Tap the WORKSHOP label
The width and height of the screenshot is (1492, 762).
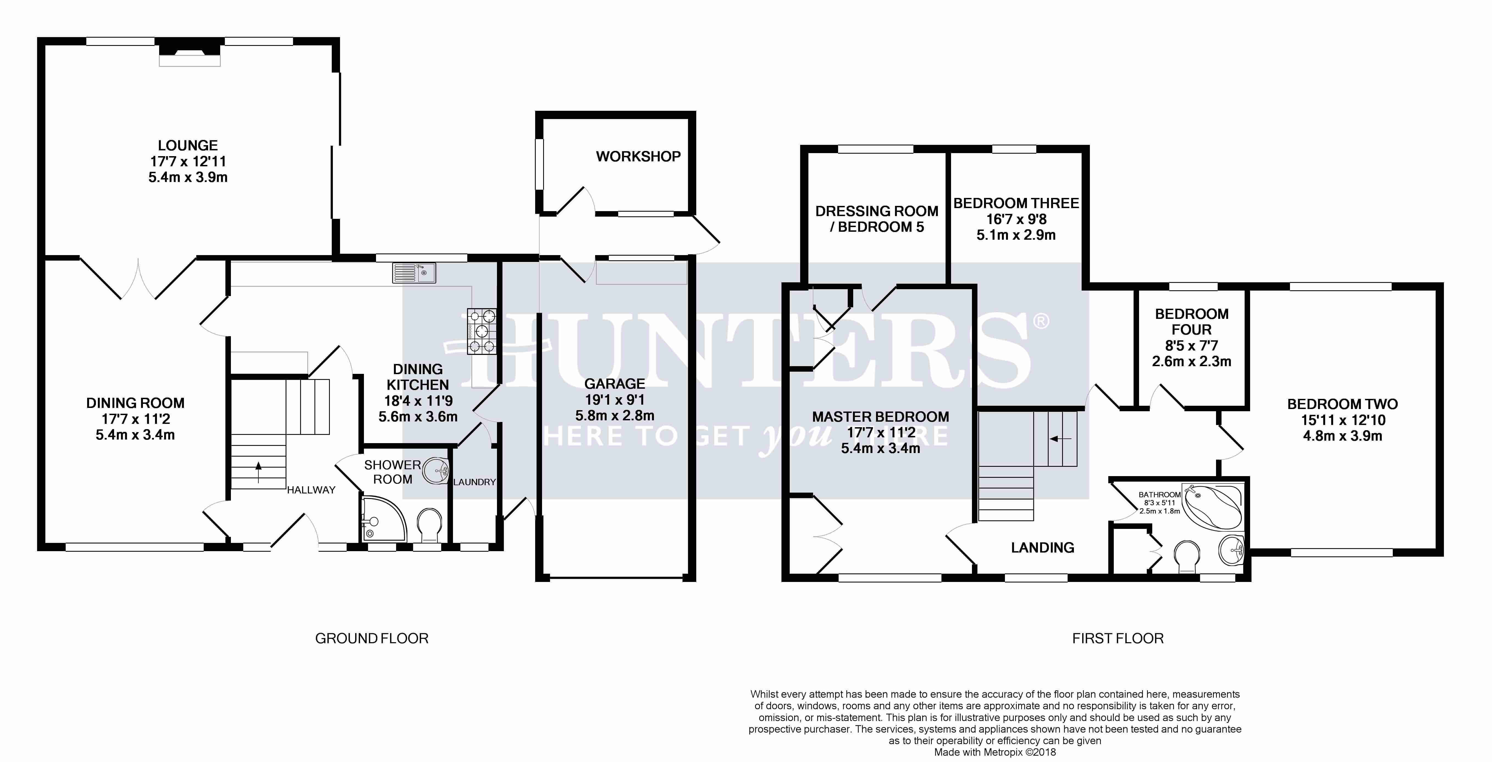click(638, 156)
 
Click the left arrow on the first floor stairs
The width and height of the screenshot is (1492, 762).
click(1060, 439)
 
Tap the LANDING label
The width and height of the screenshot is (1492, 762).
click(1043, 548)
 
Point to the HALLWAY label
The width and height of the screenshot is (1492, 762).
click(311, 490)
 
